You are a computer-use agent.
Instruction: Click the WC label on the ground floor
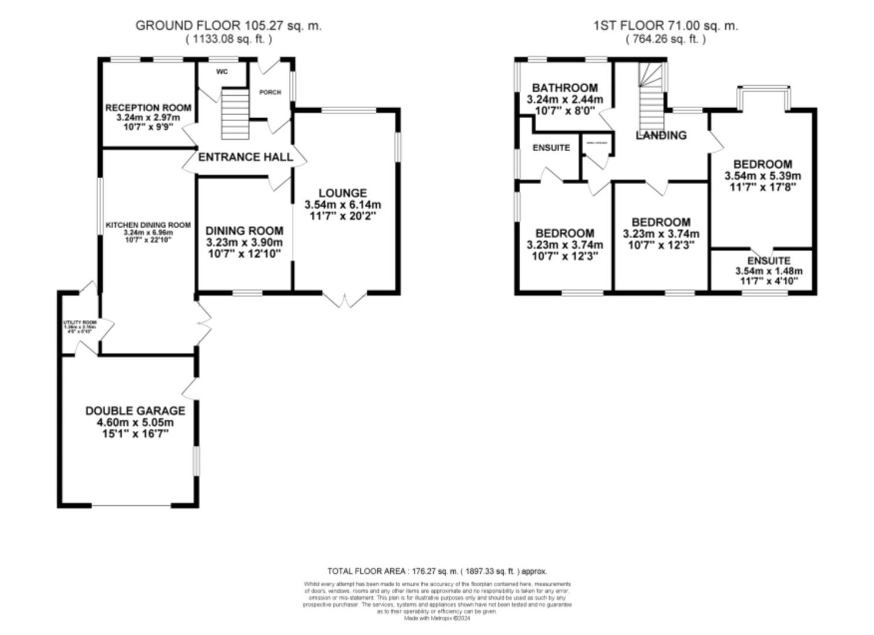pos(222,72)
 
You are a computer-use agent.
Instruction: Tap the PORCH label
pos(270,92)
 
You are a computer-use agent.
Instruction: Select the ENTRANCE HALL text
pos(245,157)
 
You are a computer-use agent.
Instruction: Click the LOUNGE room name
pos(343,193)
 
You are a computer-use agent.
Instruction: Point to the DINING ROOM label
pos(244,231)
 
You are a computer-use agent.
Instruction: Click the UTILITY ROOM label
pos(80,323)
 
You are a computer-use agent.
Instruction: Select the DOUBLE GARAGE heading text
pos(135,411)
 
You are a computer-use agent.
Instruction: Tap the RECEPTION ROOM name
pos(148,108)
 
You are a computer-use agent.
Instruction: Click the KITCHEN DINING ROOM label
pos(148,225)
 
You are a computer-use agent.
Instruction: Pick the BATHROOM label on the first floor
pos(565,88)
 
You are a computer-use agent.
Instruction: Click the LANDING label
pos(661,135)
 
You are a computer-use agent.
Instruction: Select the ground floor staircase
pos(235,113)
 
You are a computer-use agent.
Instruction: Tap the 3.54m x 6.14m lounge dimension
pos(343,205)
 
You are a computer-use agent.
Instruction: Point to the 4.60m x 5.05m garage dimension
pos(135,423)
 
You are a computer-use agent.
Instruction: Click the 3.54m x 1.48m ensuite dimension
pos(769,271)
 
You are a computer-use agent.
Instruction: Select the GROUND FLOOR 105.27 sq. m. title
pos(229,25)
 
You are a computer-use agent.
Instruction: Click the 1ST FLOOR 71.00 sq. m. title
pos(665,25)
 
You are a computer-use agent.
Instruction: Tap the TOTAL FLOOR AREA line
pos(437,571)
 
